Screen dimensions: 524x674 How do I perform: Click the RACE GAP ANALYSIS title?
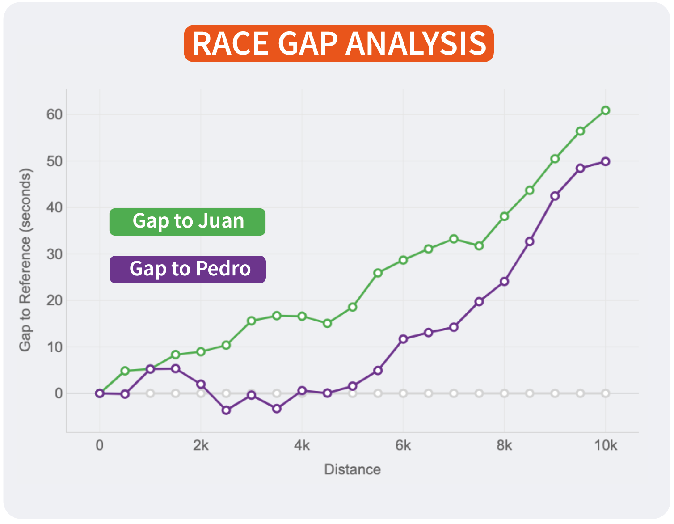tap(339, 44)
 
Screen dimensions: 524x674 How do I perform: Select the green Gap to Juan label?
tap(187, 222)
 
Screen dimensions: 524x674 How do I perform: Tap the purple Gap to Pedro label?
tap(188, 269)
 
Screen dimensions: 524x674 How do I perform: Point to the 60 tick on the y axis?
tap(55, 114)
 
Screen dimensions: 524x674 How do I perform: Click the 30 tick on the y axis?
tap(55, 254)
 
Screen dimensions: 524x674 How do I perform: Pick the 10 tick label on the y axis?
tap(55, 347)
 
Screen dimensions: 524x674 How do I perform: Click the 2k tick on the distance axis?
tap(201, 445)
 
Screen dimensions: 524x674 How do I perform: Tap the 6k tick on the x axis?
tap(403, 445)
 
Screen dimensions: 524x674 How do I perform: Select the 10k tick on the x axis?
tap(605, 445)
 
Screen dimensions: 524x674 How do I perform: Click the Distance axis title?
tap(352, 469)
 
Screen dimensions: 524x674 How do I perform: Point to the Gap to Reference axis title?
tap(25, 260)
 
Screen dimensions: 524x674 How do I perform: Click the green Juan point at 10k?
tap(606, 110)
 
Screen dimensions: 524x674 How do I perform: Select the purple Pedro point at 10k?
tap(606, 161)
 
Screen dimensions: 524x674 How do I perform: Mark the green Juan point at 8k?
tap(504, 216)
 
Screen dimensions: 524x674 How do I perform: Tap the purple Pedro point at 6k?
tap(403, 339)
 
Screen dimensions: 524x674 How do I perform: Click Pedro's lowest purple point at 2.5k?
tap(226, 410)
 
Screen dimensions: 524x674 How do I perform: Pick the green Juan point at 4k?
tap(302, 316)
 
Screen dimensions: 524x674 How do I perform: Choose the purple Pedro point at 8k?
tap(504, 282)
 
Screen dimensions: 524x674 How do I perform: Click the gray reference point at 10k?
tap(606, 393)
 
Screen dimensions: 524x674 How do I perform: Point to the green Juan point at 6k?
tap(403, 260)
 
